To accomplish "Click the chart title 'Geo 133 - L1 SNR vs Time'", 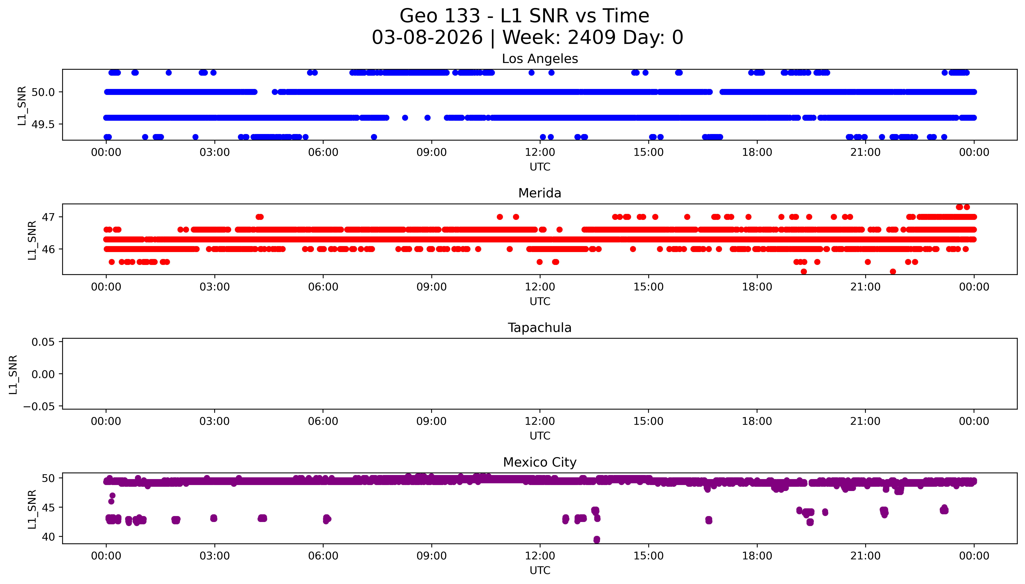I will [x=524, y=16].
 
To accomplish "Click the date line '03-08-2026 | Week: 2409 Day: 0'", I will [x=527, y=38].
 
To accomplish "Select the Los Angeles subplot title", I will [x=540, y=59].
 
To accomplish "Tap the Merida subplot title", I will [x=540, y=193].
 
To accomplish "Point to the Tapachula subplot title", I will [x=540, y=328].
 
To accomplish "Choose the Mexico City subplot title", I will [x=540, y=463].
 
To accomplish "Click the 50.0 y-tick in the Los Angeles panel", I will [x=43, y=92].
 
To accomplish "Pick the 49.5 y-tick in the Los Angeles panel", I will [x=43, y=124].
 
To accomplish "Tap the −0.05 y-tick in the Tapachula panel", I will [x=39, y=407].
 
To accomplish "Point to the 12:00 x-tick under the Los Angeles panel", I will [x=540, y=152].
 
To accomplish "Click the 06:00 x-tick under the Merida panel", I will [x=323, y=287].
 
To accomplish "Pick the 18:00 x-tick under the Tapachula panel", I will [x=757, y=421].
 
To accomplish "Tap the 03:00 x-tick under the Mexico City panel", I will [x=214, y=556].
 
